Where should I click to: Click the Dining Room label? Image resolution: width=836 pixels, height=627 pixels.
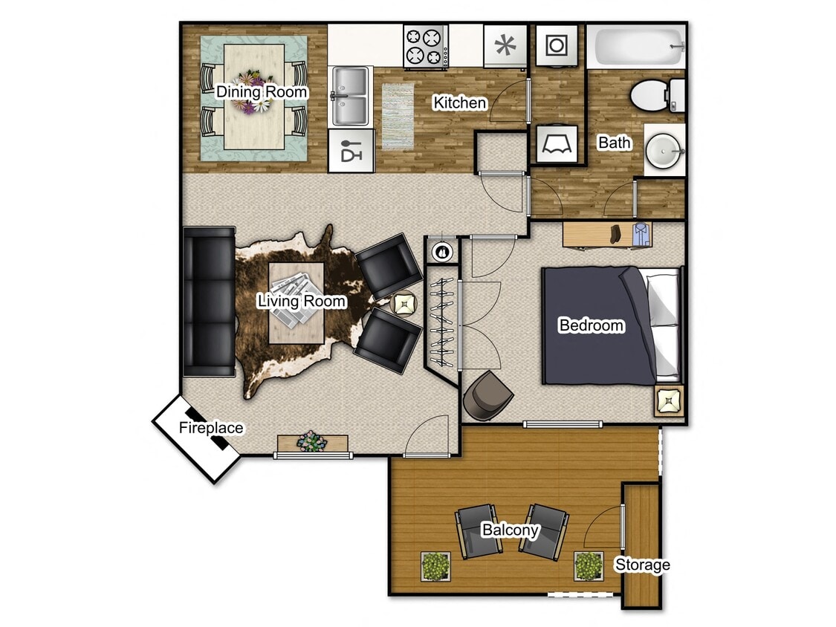point(262,92)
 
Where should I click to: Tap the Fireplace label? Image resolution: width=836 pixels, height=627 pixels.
point(211,428)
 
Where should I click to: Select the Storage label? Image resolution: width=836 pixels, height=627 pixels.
point(642,565)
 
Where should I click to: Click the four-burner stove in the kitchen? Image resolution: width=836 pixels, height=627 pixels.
point(426,46)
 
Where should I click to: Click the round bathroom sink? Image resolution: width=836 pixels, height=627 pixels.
point(663,149)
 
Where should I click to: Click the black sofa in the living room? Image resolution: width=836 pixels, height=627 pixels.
point(209,302)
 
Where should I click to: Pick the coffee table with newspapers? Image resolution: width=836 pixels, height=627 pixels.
point(296,302)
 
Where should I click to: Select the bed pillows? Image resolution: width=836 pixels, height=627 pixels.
point(664,324)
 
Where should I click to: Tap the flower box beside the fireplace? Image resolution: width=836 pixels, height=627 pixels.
point(312,442)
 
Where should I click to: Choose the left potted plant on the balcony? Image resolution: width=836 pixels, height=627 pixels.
point(435,566)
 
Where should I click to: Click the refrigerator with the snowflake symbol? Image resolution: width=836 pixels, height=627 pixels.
point(505,46)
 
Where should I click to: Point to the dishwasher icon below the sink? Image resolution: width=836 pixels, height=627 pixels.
point(350,151)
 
